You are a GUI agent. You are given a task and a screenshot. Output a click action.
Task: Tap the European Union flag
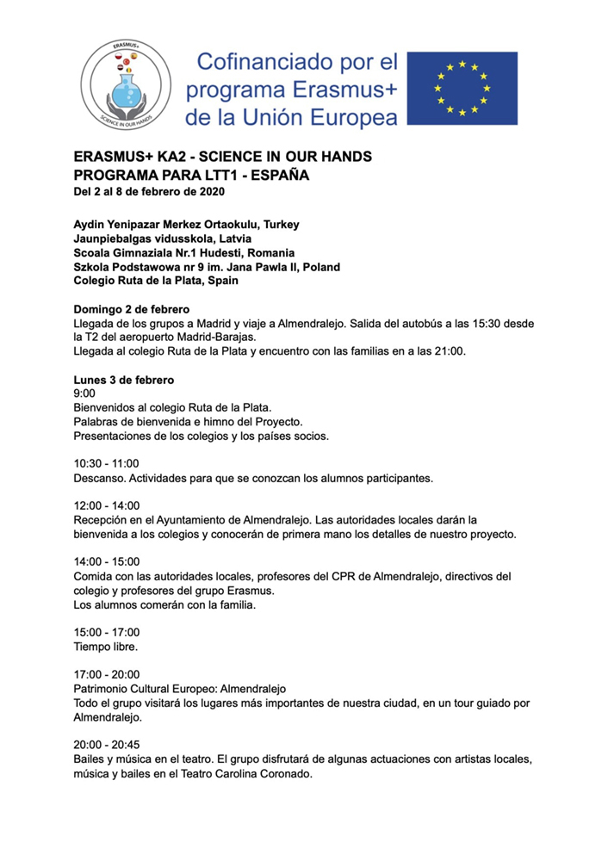coord(462,87)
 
